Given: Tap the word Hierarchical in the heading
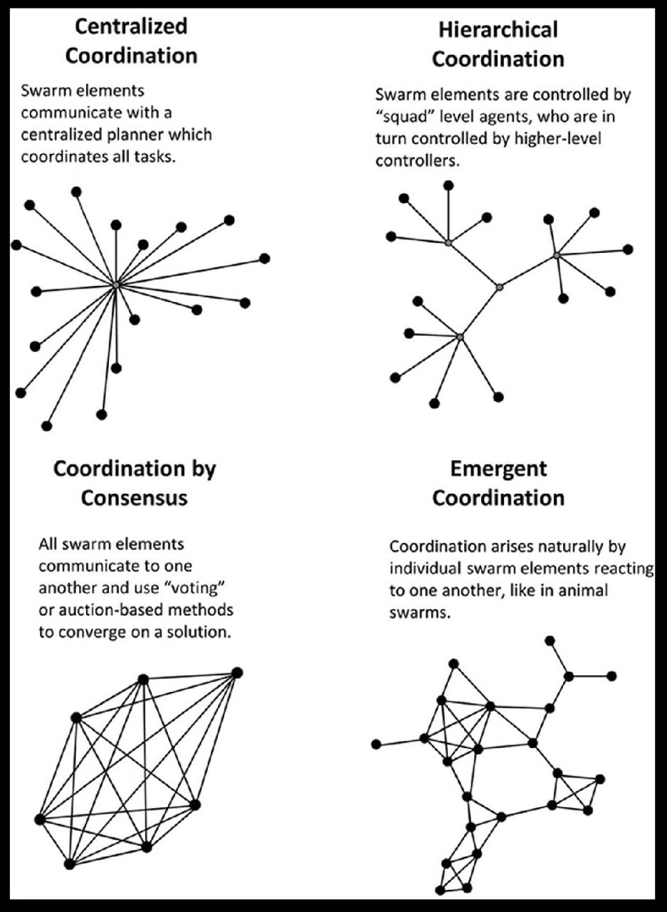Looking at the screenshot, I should [498, 30].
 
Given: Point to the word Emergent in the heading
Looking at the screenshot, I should [498, 469].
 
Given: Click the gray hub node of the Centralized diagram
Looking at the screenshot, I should [116, 285].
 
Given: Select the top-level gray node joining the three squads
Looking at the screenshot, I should [500, 286].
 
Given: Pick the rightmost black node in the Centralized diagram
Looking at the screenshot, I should [265, 258].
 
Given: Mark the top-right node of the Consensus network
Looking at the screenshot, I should [237, 673].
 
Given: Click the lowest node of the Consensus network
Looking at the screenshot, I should [69, 864].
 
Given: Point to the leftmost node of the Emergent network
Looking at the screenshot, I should [376, 745].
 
